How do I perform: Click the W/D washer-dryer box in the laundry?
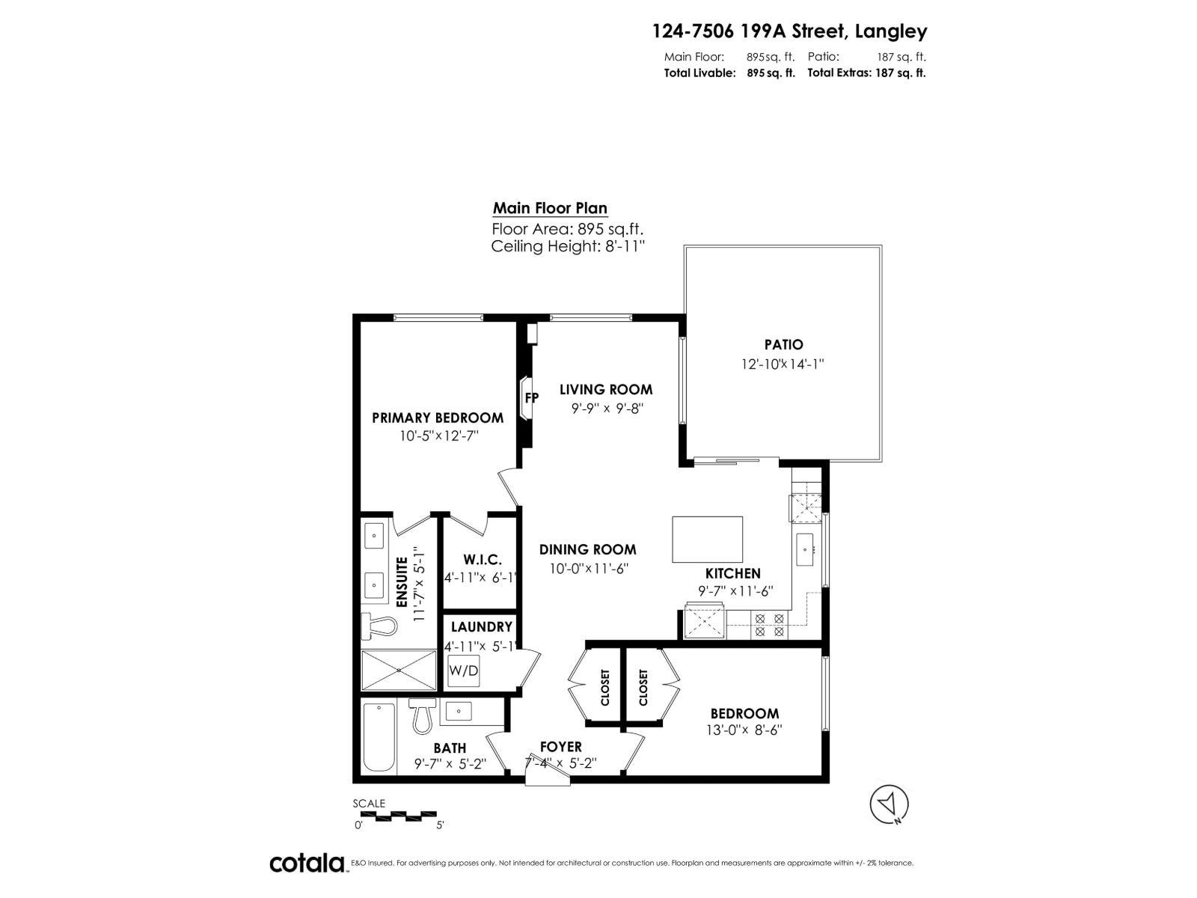click(x=464, y=671)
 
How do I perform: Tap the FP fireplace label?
click(x=531, y=398)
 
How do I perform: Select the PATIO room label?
click(x=783, y=345)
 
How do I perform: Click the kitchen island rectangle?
click(x=707, y=539)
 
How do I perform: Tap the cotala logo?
click(x=307, y=863)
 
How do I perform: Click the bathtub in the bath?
click(x=379, y=738)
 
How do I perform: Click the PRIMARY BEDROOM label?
click(x=438, y=418)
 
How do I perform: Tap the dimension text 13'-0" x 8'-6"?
click(x=744, y=730)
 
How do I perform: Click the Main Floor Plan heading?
click(x=550, y=209)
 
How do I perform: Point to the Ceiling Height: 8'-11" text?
click(x=568, y=247)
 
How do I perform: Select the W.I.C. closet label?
click(x=482, y=560)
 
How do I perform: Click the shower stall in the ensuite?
click(x=398, y=670)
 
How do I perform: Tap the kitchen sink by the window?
click(x=806, y=552)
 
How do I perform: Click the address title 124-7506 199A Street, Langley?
click(x=789, y=31)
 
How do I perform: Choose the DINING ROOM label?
click(x=587, y=549)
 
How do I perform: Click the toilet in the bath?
click(x=422, y=716)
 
